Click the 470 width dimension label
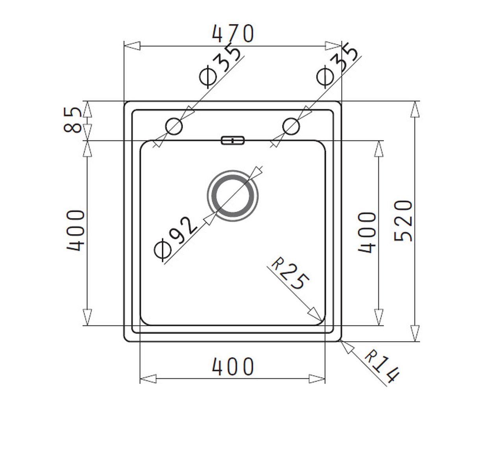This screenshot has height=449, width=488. click(x=233, y=33)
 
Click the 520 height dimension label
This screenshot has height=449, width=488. click(x=403, y=221)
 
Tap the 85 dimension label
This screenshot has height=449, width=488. click(x=72, y=120)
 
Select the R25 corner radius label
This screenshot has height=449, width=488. click(x=290, y=274)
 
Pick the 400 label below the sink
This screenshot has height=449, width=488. click(x=233, y=366)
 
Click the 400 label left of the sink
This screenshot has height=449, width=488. click(x=76, y=231)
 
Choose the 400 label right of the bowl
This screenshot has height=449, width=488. click(x=367, y=233)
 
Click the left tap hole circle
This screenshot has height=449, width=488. click(x=174, y=126)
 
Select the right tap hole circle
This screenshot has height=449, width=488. click(x=291, y=126)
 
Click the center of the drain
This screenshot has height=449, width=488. click(x=232, y=196)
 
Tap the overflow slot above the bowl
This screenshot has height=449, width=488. click(x=233, y=140)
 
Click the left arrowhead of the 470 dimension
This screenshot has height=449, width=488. click(x=132, y=46)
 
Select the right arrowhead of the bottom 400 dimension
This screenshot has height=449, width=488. click(x=317, y=379)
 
